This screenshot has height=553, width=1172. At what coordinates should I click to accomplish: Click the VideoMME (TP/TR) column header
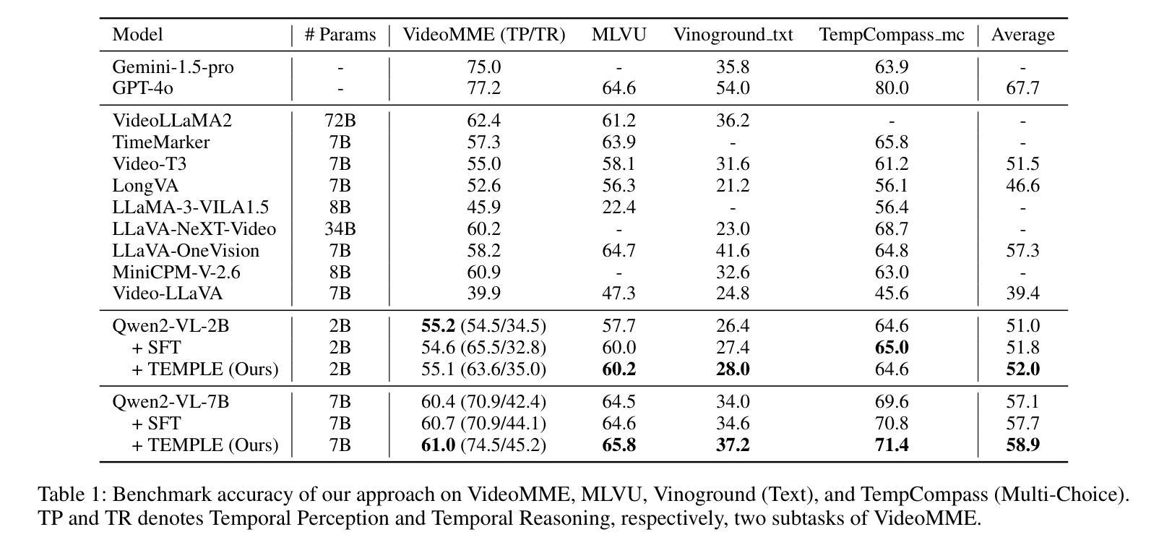pyautogui.click(x=483, y=35)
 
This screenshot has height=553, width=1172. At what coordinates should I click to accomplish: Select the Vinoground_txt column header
pyautogui.click(x=733, y=35)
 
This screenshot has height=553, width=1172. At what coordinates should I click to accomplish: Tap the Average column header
pyautogui.click(x=1022, y=35)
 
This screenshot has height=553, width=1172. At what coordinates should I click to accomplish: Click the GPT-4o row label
pyautogui.click(x=142, y=88)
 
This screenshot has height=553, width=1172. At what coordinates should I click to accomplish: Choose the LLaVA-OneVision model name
pyautogui.click(x=186, y=251)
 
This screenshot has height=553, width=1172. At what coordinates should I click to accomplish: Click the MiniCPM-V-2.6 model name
pyautogui.click(x=176, y=273)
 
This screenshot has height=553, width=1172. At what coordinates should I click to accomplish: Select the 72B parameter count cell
pyautogui.click(x=340, y=121)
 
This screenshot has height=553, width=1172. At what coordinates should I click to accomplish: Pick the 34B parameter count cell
pyautogui.click(x=340, y=229)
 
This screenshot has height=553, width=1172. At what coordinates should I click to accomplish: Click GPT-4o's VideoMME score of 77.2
pyautogui.click(x=483, y=88)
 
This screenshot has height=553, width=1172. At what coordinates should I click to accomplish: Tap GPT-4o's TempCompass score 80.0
pyautogui.click(x=891, y=88)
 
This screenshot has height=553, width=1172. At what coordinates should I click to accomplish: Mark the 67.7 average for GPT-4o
pyautogui.click(x=1022, y=88)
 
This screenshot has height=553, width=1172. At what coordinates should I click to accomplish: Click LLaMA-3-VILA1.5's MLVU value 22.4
pyautogui.click(x=619, y=207)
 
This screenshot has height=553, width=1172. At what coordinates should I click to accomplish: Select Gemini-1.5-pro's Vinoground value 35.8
pyautogui.click(x=733, y=67)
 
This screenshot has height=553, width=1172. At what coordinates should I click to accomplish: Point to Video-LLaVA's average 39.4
pyautogui.click(x=1022, y=293)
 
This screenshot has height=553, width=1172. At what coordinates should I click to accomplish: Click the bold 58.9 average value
pyautogui.click(x=1022, y=445)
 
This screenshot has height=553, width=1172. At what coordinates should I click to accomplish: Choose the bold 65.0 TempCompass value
pyautogui.click(x=891, y=348)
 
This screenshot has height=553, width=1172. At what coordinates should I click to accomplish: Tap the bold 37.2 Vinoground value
pyautogui.click(x=733, y=445)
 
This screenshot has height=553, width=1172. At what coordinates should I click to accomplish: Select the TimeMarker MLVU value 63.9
pyautogui.click(x=619, y=142)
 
